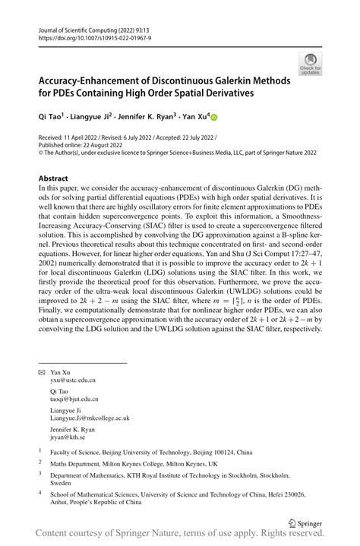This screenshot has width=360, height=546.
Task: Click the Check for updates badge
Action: click(x=310, y=63)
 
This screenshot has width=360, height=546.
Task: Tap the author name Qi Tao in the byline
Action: click(x=52, y=116)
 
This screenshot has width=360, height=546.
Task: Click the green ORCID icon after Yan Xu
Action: click(x=214, y=117)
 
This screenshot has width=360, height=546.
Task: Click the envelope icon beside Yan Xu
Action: click(x=41, y=374)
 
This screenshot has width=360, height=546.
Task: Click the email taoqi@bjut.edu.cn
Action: click(x=74, y=399)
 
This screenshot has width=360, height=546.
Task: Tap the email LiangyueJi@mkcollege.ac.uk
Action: click(x=90, y=418)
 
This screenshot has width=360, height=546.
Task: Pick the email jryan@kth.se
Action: click(x=67, y=437)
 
